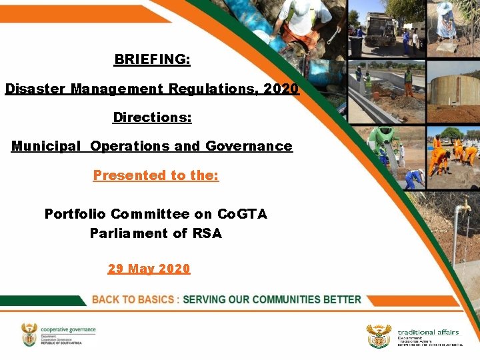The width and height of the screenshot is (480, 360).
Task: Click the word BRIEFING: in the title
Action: click(x=152, y=59)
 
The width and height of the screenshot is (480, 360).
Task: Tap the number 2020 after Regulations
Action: click(x=281, y=88)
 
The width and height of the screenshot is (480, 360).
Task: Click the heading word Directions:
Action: click(x=152, y=117)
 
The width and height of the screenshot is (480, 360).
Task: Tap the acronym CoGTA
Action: click(x=243, y=214)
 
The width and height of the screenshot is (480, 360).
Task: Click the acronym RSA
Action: click(x=207, y=233)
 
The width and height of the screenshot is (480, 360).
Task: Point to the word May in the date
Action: click(x=141, y=269)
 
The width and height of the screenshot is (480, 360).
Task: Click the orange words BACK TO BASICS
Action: click(x=134, y=300)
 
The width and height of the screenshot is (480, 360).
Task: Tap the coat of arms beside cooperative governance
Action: click(x=29, y=335)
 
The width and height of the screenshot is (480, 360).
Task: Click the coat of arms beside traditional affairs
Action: click(x=379, y=336)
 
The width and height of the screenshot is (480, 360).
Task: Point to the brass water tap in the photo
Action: click(x=462, y=207)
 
